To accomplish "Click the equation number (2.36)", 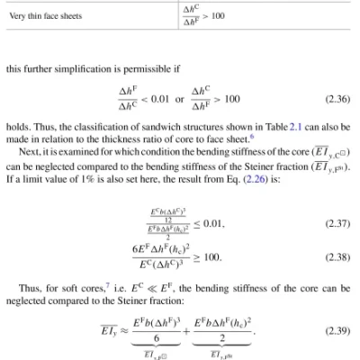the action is click(x=334, y=94).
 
